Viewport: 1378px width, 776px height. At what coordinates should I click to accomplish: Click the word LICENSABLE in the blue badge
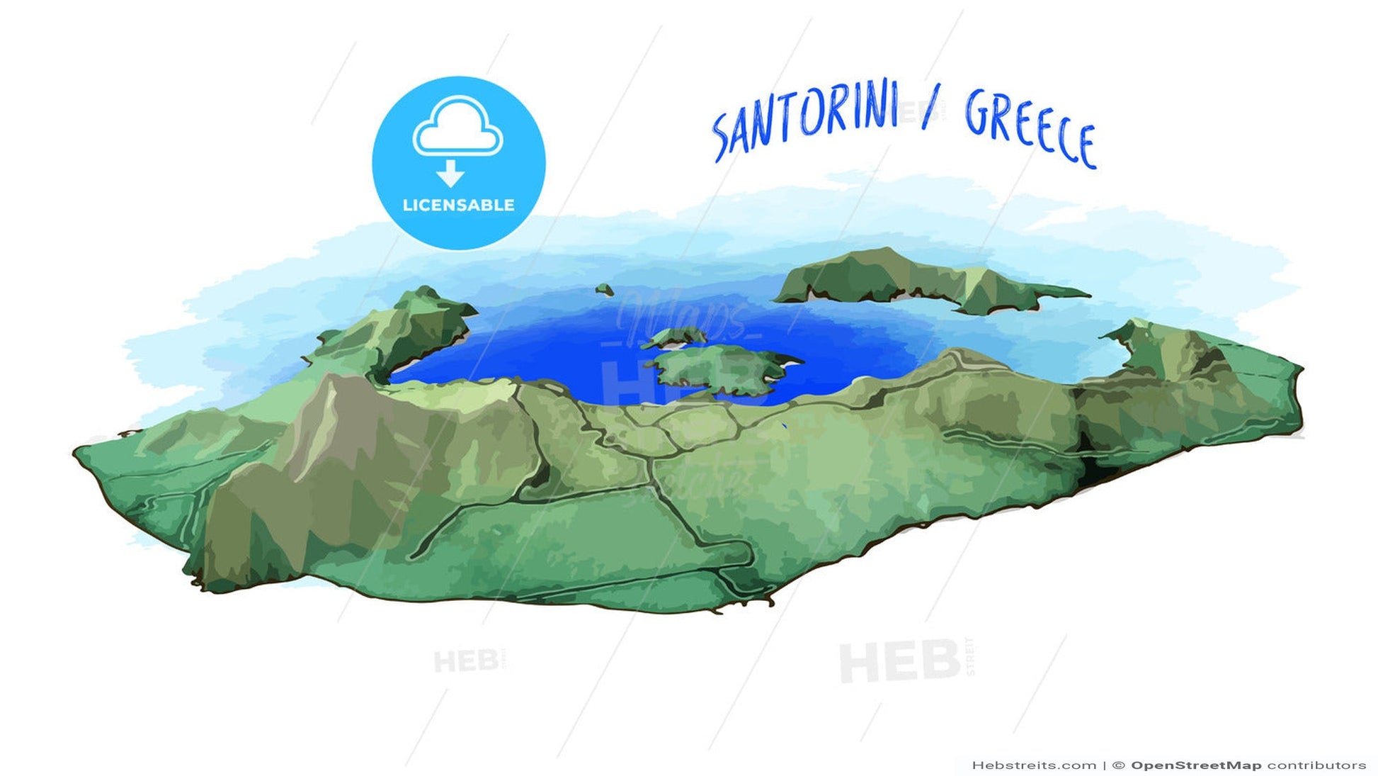(458, 206)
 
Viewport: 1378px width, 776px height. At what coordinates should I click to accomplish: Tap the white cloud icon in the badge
(458, 128)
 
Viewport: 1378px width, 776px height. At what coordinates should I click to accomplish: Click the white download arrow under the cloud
(450, 172)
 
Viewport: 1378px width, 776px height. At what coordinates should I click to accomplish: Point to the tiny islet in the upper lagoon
(604, 289)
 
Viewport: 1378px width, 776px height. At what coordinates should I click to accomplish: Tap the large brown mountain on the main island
(333, 454)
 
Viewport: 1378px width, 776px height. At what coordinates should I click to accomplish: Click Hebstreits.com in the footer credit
(1034, 765)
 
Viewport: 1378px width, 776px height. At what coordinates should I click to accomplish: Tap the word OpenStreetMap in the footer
(1195, 765)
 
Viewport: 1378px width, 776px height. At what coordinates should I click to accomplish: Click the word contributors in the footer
(1317, 765)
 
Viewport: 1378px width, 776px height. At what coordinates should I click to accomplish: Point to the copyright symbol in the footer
(1118, 765)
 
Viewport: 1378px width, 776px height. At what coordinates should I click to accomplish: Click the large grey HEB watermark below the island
(899, 660)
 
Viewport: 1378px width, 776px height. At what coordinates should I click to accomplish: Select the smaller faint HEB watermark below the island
(466, 662)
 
